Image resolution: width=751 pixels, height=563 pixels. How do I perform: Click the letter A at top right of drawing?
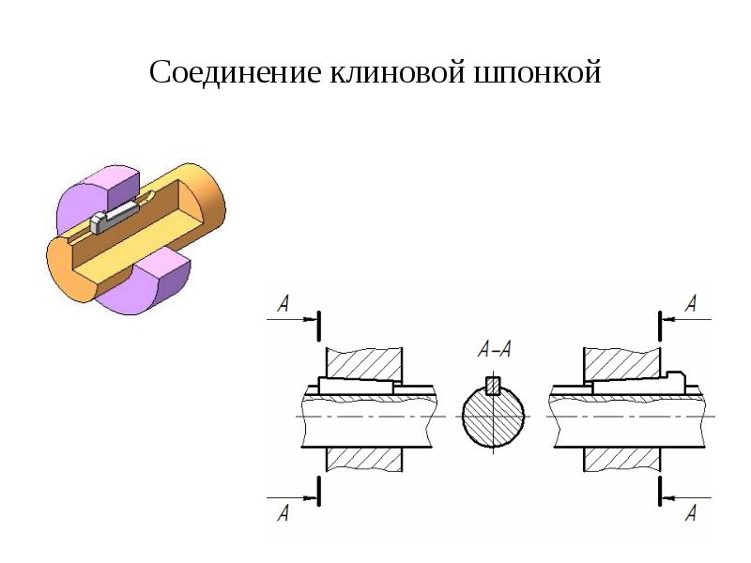(692, 302)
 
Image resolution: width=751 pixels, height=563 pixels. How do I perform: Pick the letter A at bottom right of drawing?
(692, 510)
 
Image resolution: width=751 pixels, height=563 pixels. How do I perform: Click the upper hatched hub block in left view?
(364, 360)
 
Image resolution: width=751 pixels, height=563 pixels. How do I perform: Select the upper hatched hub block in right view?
(621, 360)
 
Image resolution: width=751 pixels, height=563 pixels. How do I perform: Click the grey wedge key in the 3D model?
(111, 219)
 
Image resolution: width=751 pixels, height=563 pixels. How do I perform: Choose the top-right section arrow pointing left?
(685, 319)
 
